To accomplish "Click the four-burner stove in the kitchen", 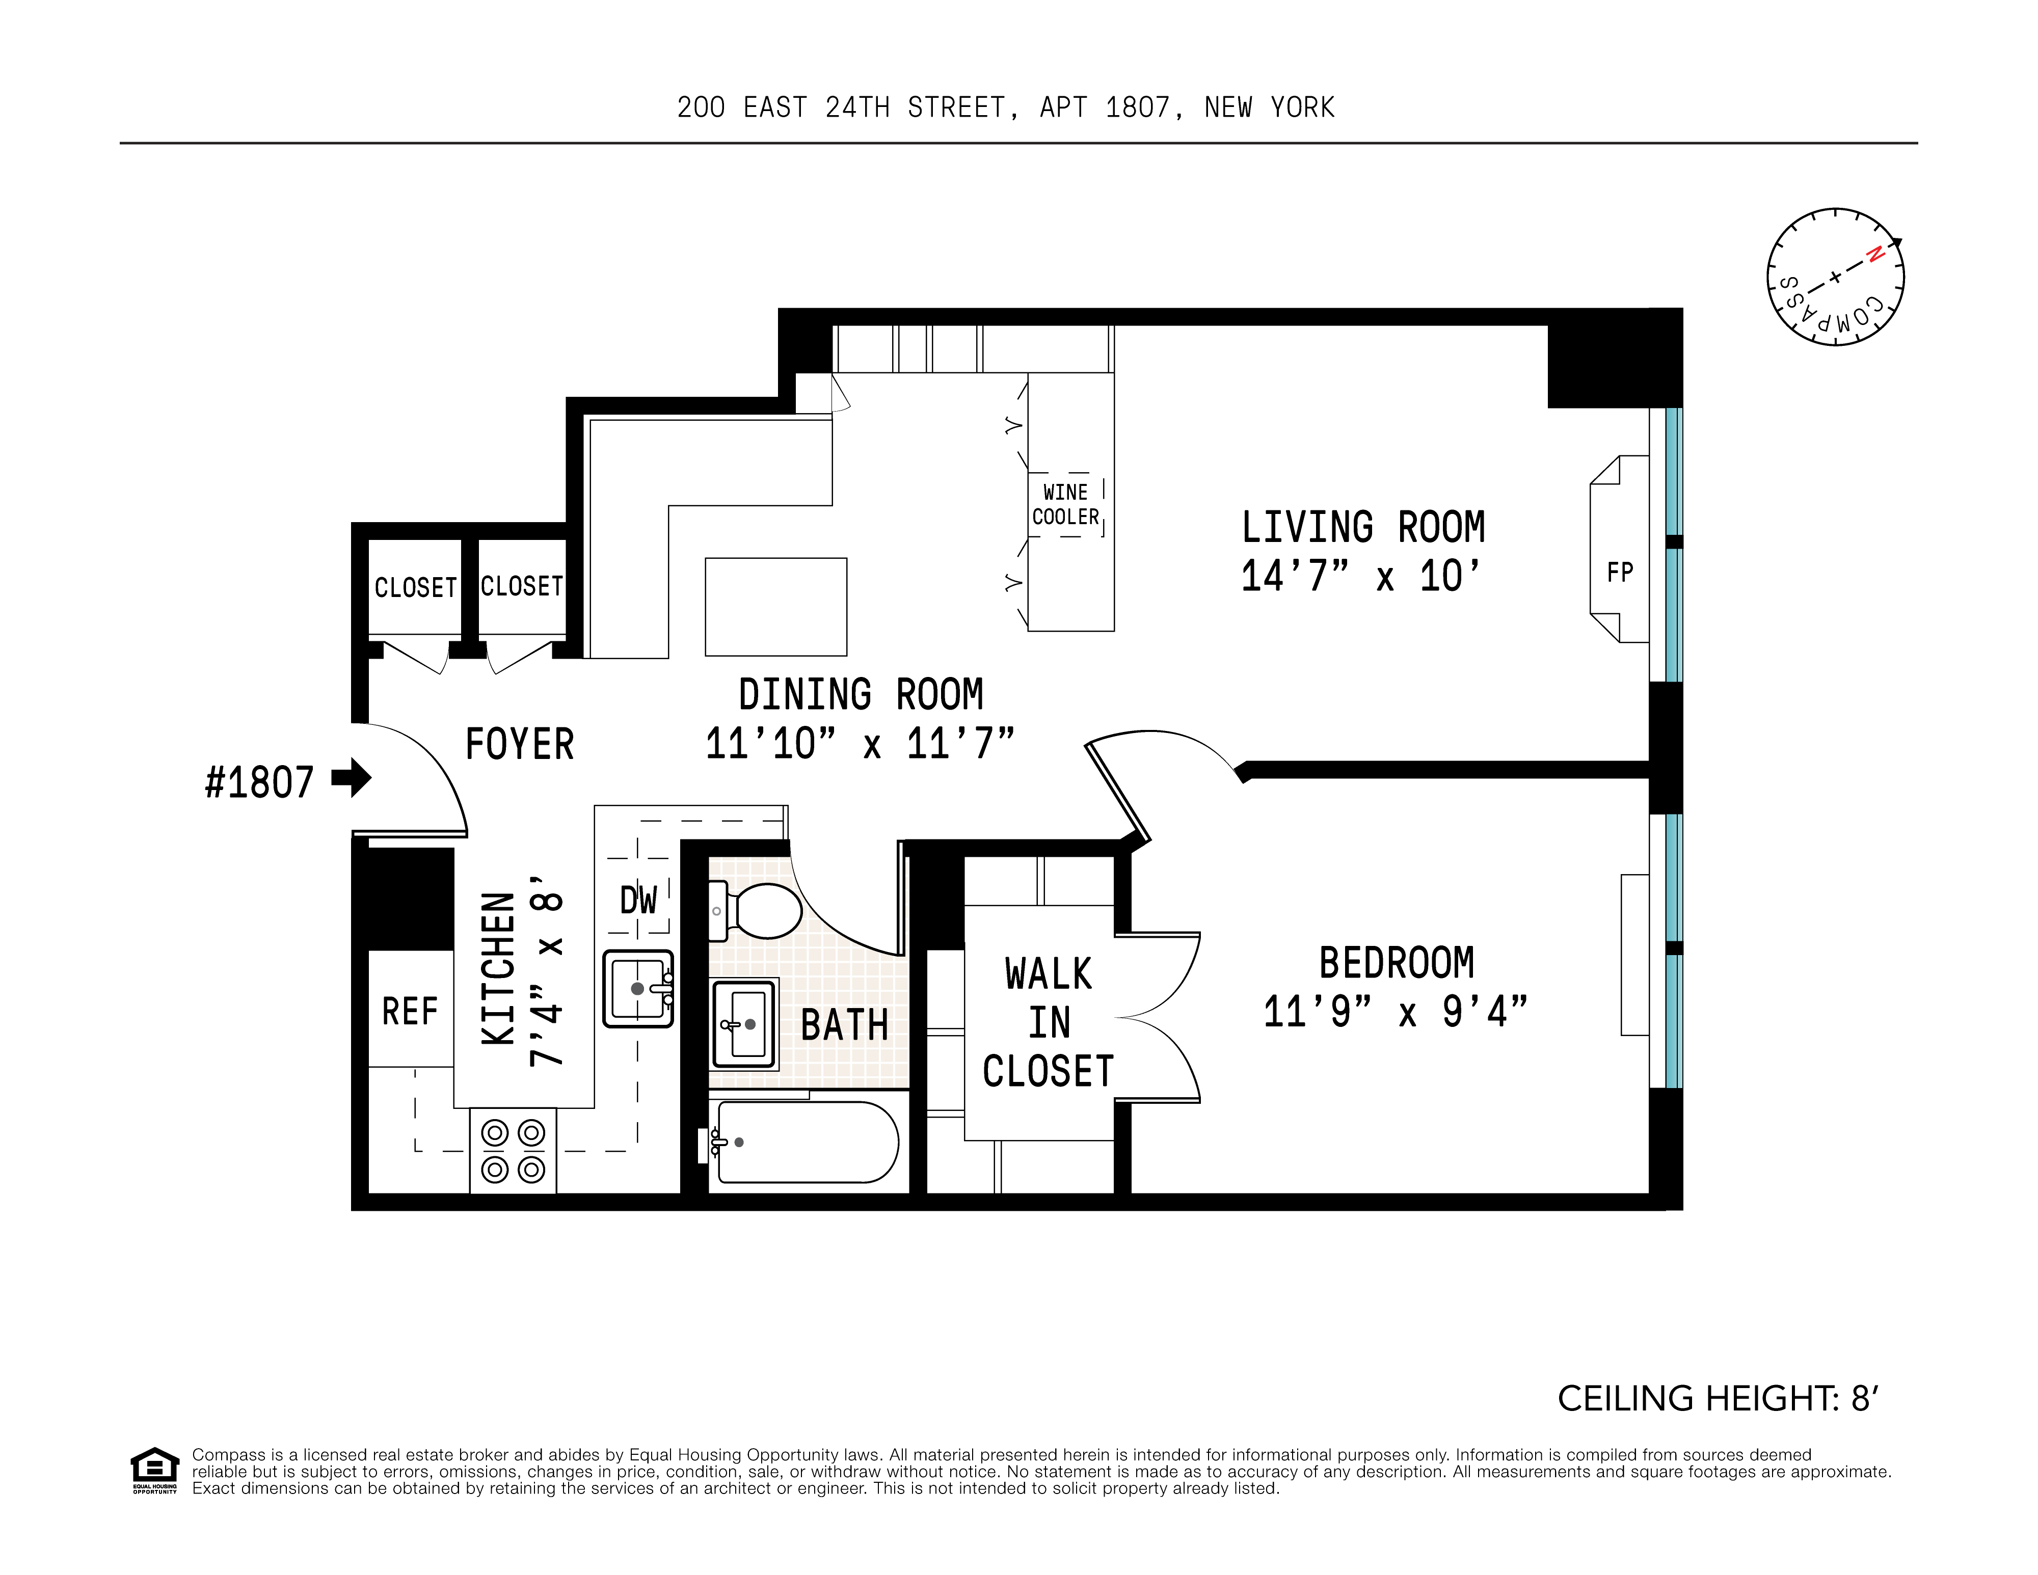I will (x=512, y=1151).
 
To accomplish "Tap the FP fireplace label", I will (x=1620, y=572).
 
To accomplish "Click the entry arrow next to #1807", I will (x=352, y=777).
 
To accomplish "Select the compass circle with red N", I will (x=1835, y=277).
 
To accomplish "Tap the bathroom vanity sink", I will (x=745, y=1023).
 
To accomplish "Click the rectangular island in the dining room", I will (x=775, y=607).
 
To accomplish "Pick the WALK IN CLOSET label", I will (x=1048, y=1023).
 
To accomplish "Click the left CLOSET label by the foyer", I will (x=415, y=587).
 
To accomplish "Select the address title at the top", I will (x=1006, y=107).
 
